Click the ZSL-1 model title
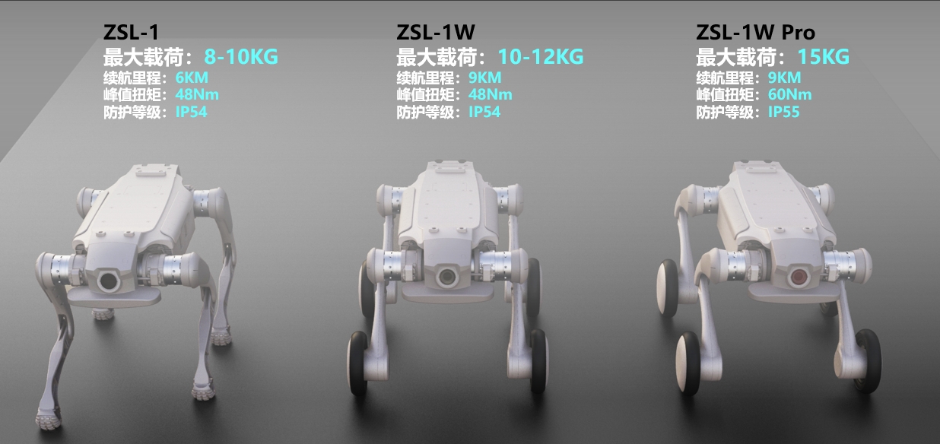(131, 33)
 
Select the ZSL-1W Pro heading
(755, 33)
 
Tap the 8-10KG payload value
(241, 57)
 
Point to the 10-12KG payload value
(541, 57)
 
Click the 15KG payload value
(824, 57)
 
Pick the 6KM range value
(192, 78)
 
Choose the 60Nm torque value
(789, 94)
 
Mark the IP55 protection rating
(784, 112)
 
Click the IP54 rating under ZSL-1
(192, 112)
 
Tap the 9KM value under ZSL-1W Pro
(784, 78)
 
